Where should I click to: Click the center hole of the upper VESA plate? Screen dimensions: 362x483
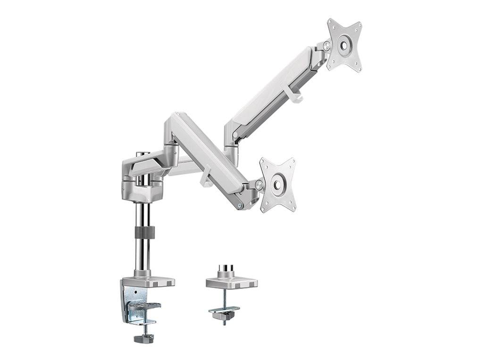pyautogui.click(x=345, y=45)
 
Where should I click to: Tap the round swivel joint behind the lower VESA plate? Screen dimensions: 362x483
pyautogui.click(x=259, y=185)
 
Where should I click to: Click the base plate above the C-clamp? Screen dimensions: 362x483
pyautogui.click(x=148, y=282)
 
